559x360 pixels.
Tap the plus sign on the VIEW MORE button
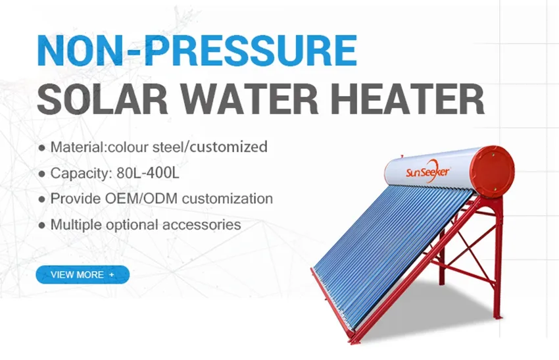112,274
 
